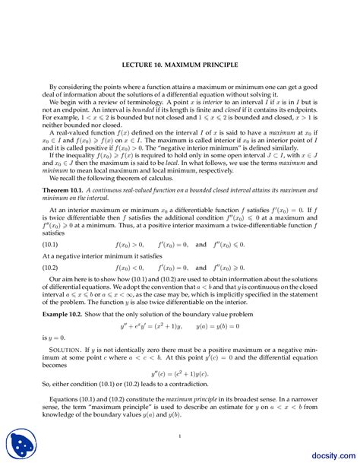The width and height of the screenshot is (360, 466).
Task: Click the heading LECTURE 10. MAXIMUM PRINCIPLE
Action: (x=180, y=65)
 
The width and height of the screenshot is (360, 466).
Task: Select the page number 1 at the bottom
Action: (x=180, y=435)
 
